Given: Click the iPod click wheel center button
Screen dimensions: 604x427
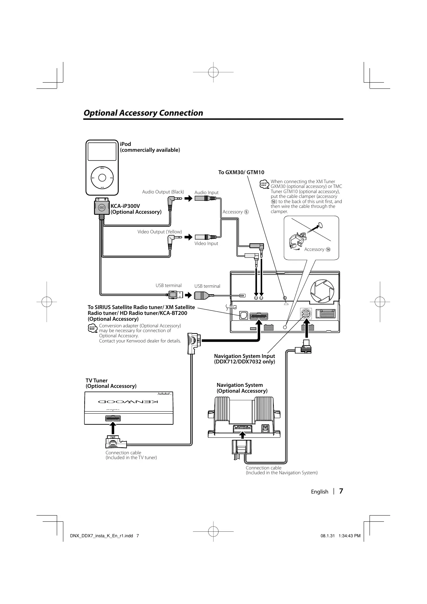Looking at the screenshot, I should tap(102, 178).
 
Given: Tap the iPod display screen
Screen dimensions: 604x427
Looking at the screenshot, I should tap(102, 151).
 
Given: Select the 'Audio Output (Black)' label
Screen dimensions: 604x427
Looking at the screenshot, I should tap(163, 192).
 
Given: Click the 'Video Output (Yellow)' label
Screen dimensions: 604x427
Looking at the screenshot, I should tap(160, 232).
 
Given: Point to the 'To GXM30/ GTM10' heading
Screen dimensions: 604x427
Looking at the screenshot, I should tap(241, 172).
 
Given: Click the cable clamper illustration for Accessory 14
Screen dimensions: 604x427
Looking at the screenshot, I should tap(298, 240).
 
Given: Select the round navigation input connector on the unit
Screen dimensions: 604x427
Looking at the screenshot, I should tap(306, 314).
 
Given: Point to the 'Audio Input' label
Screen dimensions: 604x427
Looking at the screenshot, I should tap(206, 192).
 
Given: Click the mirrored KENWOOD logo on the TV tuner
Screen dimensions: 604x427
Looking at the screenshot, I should tap(128, 402).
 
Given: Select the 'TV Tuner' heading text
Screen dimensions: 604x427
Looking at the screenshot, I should tap(97, 380).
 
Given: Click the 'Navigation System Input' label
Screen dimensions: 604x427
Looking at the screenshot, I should tap(244, 356).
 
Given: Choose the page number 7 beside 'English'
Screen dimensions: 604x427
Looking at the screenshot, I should tap(341, 491).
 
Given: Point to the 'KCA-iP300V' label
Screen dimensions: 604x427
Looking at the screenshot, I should tap(125, 206).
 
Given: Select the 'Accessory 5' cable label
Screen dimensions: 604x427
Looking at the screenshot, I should tap(235, 212).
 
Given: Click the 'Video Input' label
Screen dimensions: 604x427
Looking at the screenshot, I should tap(206, 243).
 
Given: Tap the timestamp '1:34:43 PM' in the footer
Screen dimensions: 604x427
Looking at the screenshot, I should tap(350, 536).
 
